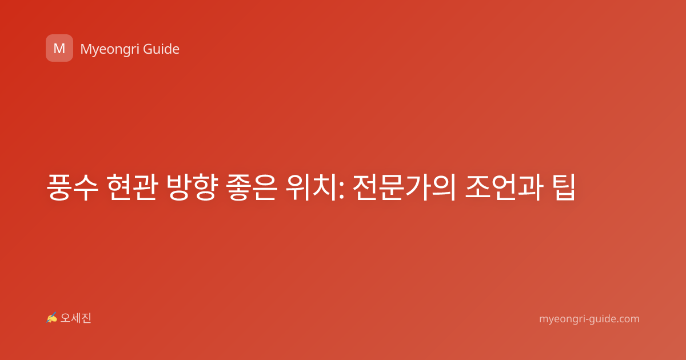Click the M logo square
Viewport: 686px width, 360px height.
[x=59, y=48]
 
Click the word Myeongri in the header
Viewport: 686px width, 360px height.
[x=109, y=50]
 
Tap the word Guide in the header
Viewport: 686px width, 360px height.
[x=161, y=49]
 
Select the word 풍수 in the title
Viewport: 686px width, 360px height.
[x=73, y=187]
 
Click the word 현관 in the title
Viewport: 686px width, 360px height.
[x=133, y=187]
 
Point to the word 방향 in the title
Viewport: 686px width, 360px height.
[x=192, y=187]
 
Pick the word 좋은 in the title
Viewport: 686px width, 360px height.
[x=252, y=187]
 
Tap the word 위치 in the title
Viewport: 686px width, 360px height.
[x=312, y=187]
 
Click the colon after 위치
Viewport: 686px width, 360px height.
[x=342, y=190]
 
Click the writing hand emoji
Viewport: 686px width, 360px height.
[x=51, y=318]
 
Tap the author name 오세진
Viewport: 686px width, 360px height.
[x=75, y=318]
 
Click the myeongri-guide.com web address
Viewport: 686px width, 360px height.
[x=589, y=319]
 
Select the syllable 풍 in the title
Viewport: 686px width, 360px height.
[x=58, y=187]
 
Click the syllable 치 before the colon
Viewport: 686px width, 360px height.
[x=325, y=187]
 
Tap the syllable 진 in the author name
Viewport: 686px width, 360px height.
[x=86, y=318]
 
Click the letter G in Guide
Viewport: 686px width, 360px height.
[x=148, y=49]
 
